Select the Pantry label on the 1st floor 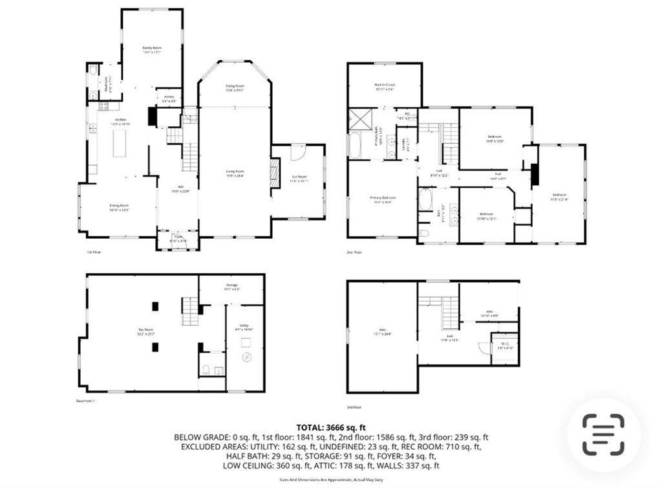(x=168, y=98)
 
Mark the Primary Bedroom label (x=382, y=199)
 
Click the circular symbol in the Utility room (x=245, y=358)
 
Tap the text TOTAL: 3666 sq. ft (x=331, y=427)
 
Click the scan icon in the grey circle (x=603, y=434)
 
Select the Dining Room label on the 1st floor (x=119, y=207)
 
